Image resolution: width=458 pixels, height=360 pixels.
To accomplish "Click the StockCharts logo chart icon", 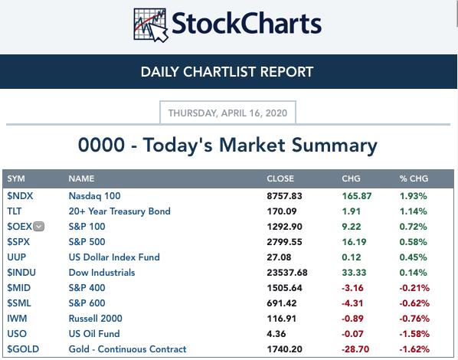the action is pyautogui.click(x=150, y=25).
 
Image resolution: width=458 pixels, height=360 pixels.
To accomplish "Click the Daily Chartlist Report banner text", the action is pyautogui.click(x=227, y=72).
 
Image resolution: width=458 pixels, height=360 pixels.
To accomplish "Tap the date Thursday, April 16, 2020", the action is pyautogui.click(x=227, y=113).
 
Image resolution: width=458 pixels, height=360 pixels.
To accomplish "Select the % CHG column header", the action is pyautogui.click(x=414, y=178).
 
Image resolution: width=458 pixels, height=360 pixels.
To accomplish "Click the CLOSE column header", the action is pyautogui.click(x=280, y=178).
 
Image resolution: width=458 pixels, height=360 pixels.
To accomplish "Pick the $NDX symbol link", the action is pyautogui.click(x=20, y=196).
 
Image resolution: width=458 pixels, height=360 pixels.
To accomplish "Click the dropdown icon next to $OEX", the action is pyautogui.click(x=38, y=227).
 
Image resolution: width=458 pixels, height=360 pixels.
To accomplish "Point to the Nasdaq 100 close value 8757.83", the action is pyautogui.click(x=284, y=196).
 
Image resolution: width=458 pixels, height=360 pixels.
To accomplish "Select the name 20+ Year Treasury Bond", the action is pyautogui.click(x=119, y=211).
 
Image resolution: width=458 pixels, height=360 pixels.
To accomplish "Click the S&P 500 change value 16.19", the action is pyautogui.click(x=354, y=242).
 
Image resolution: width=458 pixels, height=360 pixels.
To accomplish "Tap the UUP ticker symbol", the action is pyautogui.click(x=16, y=257).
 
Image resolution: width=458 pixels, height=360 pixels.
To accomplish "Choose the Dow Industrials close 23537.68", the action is pyautogui.click(x=287, y=273).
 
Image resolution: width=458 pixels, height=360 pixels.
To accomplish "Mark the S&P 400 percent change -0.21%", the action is pyautogui.click(x=414, y=288).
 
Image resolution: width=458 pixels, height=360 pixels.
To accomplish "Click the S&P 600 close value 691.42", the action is pyautogui.click(x=282, y=303).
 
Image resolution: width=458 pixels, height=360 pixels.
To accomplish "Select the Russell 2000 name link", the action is pyautogui.click(x=95, y=319).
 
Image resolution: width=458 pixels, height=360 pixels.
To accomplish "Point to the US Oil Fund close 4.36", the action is pyautogui.click(x=276, y=334).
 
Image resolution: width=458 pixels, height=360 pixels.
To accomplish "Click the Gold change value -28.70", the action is pyautogui.click(x=355, y=349).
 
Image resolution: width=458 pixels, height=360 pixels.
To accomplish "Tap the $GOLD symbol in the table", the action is pyautogui.click(x=23, y=349).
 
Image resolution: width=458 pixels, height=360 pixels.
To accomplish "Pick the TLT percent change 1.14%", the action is pyautogui.click(x=413, y=211).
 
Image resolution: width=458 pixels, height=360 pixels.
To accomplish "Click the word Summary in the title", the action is pyautogui.click(x=334, y=146).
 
